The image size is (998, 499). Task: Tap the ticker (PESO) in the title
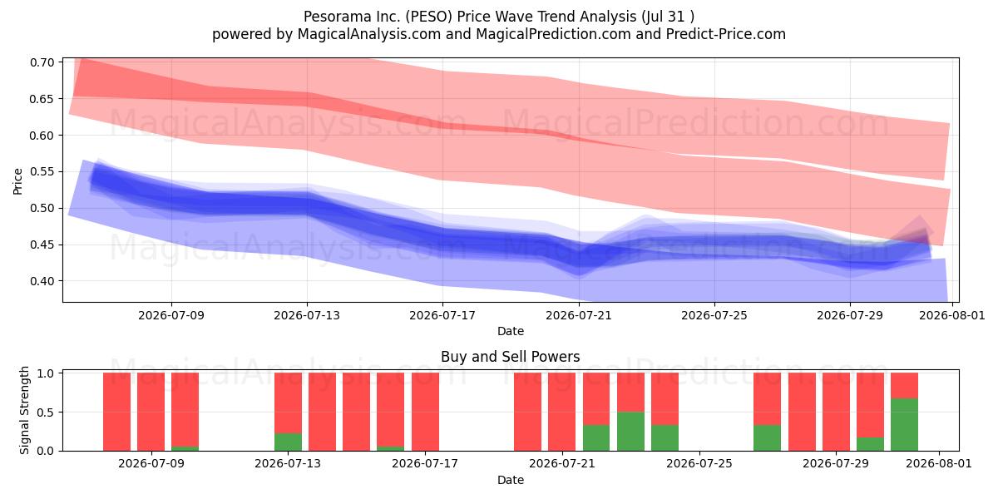tap(429, 17)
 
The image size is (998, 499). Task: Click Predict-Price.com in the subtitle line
tap(726, 34)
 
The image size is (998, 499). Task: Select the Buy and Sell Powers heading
tap(510, 357)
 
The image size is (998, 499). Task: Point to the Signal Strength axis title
tap(24, 410)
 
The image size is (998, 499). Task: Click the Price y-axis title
tap(17, 181)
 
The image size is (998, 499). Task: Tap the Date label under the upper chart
tap(510, 331)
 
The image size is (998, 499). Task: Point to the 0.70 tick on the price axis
tap(42, 62)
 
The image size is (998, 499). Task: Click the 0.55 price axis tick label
tap(42, 171)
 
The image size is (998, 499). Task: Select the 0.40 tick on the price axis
tap(42, 281)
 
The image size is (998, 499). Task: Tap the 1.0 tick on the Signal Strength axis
tap(45, 373)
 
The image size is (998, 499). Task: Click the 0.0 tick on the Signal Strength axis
tap(45, 451)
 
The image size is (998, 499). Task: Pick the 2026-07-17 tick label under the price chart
tap(442, 315)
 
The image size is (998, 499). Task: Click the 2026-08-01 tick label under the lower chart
tap(939, 463)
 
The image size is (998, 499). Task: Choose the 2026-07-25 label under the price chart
tap(714, 315)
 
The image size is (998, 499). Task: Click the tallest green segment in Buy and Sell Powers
tap(905, 425)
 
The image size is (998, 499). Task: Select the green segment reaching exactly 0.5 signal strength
tap(630, 432)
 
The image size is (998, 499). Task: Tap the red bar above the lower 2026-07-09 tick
tap(151, 412)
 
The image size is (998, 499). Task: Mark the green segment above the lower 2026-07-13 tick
tap(288, 442)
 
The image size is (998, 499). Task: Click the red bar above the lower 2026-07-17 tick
tap(425, 412)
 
